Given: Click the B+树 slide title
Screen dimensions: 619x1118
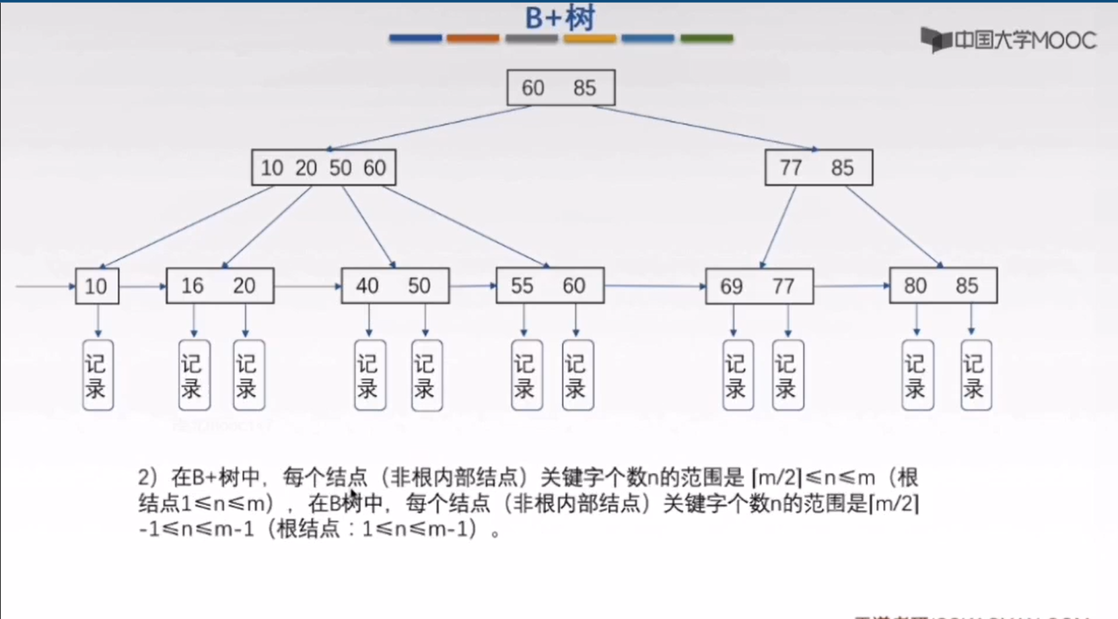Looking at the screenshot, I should [560, 17].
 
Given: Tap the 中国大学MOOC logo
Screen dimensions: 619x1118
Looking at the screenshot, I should [1008, 40].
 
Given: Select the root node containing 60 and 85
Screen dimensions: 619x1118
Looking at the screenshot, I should [561, 87].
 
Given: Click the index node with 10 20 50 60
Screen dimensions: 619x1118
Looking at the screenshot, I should [324, 168].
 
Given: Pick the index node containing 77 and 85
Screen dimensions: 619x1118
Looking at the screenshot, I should [818, 168].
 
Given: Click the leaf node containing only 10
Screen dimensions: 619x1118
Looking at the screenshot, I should [97, 286].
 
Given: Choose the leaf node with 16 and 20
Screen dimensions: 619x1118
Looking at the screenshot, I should [220, 286].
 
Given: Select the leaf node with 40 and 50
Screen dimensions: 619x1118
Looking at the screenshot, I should [395, 286].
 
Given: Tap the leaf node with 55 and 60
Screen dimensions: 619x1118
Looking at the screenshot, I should [550, 286].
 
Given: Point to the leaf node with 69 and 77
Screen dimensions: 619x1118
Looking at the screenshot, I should [759, 287].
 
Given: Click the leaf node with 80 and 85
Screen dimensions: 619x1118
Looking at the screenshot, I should [943, 286].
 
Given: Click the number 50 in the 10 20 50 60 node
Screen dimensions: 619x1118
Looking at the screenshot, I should [341, 168].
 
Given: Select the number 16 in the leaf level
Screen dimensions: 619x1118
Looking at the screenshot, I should [193, 286].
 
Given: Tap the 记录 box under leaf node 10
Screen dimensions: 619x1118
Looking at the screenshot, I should [98, 375].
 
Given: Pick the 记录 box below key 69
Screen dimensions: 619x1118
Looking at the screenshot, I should [738, 375].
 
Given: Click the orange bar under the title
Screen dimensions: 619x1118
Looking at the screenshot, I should [473, 38].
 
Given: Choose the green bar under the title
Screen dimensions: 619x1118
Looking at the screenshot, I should [707, 38].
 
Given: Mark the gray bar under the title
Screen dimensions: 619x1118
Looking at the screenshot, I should [532, 38].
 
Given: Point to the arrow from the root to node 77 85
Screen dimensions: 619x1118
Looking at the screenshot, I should [703, 128].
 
